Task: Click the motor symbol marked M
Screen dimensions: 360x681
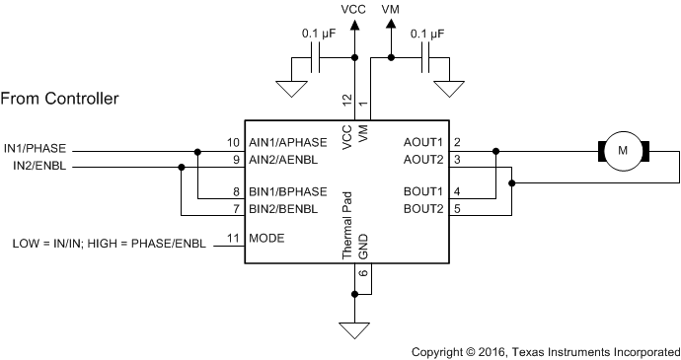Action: point(622,151)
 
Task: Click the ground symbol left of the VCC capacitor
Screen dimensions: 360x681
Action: point(290,90)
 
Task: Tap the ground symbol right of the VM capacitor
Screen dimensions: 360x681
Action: point(452,90)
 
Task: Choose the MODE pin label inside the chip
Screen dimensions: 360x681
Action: point(266,238)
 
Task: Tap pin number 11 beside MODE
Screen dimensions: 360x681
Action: point(234,238)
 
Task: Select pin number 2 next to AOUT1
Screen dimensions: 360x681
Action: point(458,143)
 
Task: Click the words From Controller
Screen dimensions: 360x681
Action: point(60,99)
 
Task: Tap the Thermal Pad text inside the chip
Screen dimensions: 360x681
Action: point(346,225)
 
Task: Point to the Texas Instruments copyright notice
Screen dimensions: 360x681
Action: point(545,350)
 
